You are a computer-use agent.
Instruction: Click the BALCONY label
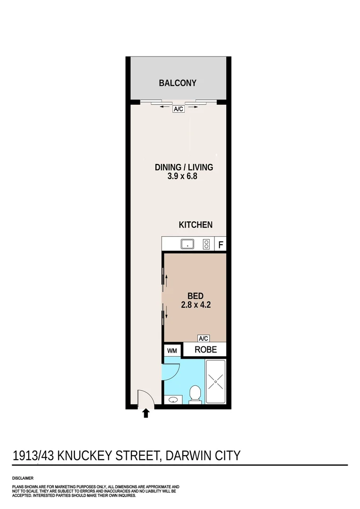(178, 83)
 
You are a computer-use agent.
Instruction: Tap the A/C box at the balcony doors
(178, 109)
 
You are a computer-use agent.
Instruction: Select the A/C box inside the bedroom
(203, 338)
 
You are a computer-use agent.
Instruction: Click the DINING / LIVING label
(184, 167)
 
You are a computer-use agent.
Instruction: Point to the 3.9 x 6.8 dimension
(182, 176)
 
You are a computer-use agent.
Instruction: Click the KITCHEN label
(196, 225)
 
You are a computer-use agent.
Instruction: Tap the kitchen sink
(188, 244)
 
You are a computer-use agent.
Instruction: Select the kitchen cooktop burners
(206, 244)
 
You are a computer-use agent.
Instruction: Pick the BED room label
(196, 296)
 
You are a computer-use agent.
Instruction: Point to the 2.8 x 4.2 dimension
(196, 305)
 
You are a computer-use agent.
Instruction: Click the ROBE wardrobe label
(205, 350)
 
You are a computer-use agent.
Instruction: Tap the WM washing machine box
(172, 351)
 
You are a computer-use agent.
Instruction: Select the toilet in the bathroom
(195, 394)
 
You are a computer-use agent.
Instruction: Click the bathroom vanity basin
(173, 400)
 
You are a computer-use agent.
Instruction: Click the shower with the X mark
(215, 381)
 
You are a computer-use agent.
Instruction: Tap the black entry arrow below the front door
(146, 413)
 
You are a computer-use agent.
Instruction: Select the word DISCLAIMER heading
(23, 478)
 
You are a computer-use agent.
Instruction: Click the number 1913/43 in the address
(33, 455)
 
